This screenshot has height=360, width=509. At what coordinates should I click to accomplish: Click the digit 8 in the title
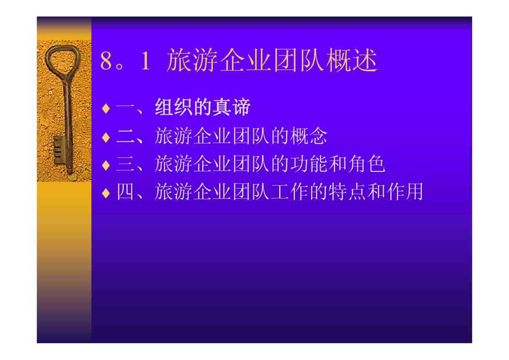coord(106,60)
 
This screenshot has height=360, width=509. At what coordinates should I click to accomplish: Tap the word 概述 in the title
coord(352,60)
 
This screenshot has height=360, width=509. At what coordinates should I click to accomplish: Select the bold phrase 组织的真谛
coord(203,107)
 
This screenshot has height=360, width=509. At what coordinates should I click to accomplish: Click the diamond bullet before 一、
coord(106,108)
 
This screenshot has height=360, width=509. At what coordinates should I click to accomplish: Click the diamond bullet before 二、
coord(106,136)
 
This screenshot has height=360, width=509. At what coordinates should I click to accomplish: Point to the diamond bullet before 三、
coord(106,165)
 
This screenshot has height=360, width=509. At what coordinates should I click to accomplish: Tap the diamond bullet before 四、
coord(106,193)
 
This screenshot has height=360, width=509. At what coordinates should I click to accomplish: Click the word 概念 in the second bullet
coord(309,135)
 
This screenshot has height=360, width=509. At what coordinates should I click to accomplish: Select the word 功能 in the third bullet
coord(309,164)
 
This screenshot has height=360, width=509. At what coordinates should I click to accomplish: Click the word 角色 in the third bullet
coord(366,164)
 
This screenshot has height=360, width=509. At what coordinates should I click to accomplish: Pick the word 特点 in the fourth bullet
coord(347,192)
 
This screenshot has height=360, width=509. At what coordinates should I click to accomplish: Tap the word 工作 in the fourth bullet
coord(289,192)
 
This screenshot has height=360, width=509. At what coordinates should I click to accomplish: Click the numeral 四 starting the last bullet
coord(125,192)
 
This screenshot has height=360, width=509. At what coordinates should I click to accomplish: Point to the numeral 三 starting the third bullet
coord(125,164)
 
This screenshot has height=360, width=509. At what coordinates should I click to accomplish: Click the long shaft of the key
coord(67,123)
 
